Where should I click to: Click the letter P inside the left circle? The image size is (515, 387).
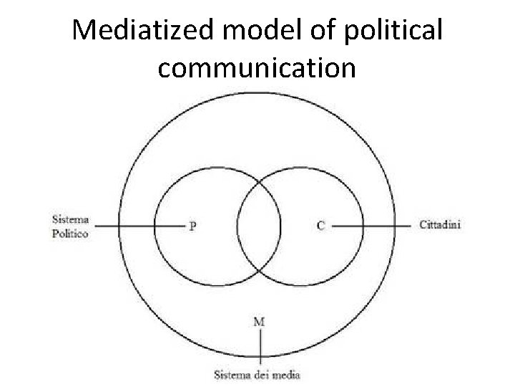coord(193,226)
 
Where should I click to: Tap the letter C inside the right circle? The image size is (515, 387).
coord(320,226)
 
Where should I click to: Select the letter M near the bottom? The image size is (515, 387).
coord(259,322)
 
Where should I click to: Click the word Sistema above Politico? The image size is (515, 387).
coord(71,219)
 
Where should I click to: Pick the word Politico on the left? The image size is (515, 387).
coord(70,233)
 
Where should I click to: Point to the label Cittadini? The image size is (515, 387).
coord(440,225)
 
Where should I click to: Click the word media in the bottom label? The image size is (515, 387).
coord(287,374)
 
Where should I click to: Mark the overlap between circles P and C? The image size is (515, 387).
coord(259,226)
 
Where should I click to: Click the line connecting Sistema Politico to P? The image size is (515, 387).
coord(139,226)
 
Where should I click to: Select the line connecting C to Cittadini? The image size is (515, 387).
coord(372,226)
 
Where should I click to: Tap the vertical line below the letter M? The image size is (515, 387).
coord(260,348)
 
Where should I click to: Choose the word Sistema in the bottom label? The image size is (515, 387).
coord(233,374)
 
